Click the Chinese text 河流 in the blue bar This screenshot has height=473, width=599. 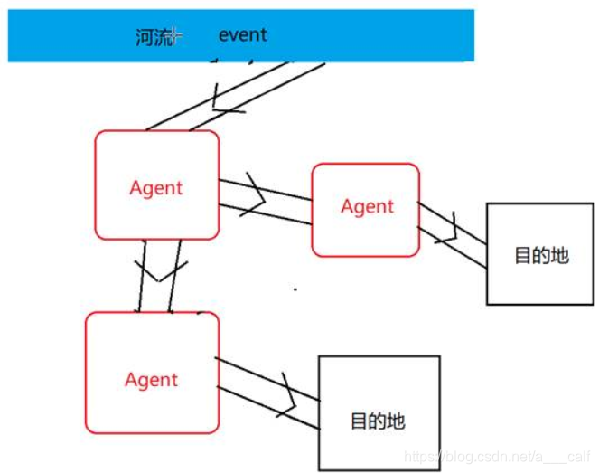(150, 37)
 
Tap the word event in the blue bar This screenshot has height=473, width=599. (242, 35)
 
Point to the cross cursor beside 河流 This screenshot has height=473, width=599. (174, 36)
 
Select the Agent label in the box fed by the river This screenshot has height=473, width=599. (156, 187)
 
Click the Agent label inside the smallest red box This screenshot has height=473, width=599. (367, 206)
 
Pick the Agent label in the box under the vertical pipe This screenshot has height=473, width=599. (151, 379)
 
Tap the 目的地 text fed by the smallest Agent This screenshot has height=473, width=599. (541, 254)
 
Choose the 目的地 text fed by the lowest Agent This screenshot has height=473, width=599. (378, 421)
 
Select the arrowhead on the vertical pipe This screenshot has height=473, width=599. (160, 269)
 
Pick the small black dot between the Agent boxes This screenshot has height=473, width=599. (295, 289)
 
